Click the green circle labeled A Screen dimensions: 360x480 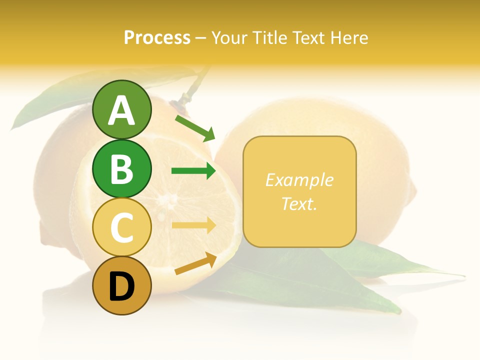point(122,109)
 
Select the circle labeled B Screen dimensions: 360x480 point(122,168)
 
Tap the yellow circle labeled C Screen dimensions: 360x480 point(122,227)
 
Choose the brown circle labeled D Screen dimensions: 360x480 point(122,286)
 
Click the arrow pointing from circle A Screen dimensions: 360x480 point(195,128)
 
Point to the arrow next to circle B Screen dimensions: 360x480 point(193,171)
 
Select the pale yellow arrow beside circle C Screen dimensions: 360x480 point(193,225)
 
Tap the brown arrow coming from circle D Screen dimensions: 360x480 point(195,263)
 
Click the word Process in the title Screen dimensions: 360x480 point(157,37)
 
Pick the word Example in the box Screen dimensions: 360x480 point(299,180)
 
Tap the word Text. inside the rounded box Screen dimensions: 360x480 point(299,203)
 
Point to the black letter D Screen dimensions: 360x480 point(122,286)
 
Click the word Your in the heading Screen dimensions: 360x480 point(228,37)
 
